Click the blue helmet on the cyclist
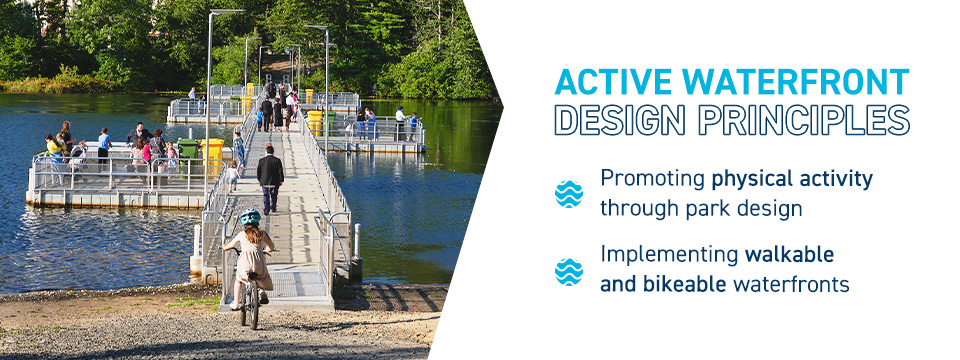coord(249,216)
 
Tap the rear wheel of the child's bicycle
coord(250,304)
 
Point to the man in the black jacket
coord(270,178)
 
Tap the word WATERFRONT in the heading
coord(796,83)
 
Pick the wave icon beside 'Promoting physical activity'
coord(569,194)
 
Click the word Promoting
coord(652,180)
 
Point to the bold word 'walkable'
coord(789,254)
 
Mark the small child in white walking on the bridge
coord(233,177)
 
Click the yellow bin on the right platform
coord(315,122)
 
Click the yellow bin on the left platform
coord(213,155)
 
